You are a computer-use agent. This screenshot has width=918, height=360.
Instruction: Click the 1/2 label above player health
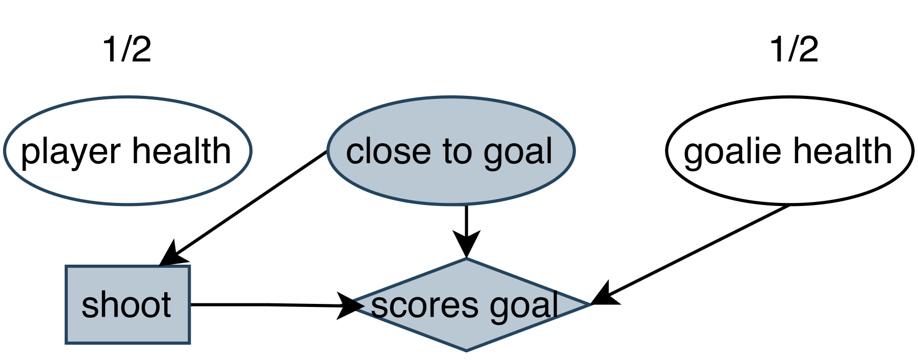(127, 50)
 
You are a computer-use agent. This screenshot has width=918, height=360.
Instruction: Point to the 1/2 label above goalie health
(794, 50)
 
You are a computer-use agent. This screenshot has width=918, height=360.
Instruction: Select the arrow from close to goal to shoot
(245, 207)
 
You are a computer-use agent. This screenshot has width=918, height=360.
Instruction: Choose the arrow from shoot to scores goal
(265, 304)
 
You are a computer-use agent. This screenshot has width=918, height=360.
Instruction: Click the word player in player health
(71, 152)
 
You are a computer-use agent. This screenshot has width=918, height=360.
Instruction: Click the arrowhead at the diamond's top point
(466, 245)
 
